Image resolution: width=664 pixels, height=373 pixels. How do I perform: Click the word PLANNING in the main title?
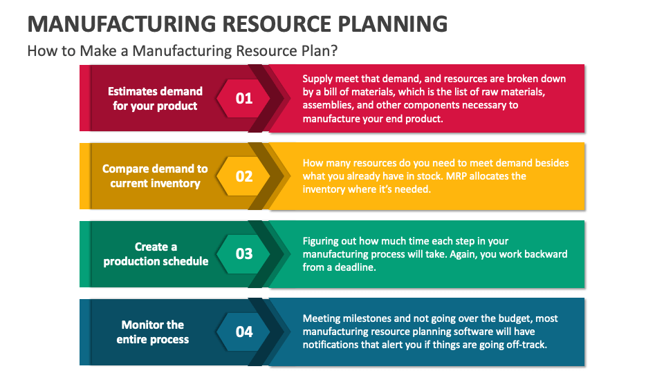393,23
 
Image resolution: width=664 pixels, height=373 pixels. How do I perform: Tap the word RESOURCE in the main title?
277,23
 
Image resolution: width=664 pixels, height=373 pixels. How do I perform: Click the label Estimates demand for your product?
155,99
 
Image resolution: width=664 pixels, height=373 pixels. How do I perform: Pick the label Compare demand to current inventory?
155,176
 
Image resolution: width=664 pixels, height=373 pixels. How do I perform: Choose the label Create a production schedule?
156,254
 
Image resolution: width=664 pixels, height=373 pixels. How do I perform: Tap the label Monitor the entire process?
153,332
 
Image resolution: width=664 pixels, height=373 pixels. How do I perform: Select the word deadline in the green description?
355,267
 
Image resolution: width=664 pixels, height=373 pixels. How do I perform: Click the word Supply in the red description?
317,79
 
